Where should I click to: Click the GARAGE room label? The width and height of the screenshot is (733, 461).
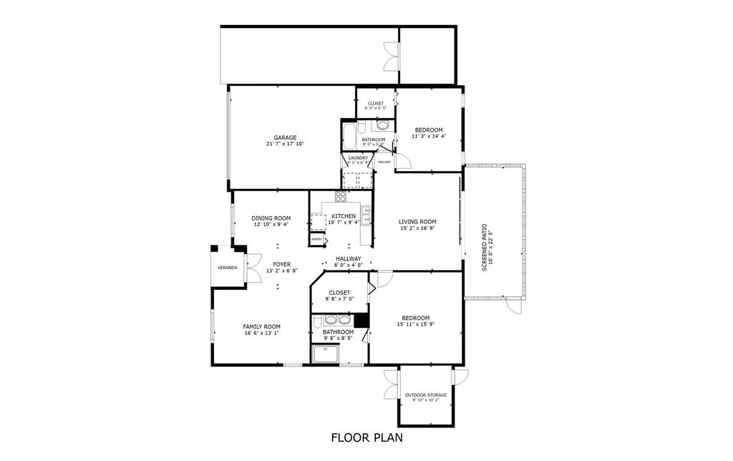pyautogui.click(x=285, y=137)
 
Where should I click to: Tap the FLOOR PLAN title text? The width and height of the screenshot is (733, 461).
pyautogui.click(x=366, y=437)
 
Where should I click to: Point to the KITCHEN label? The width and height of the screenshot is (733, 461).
pyautogui.click(x=344, y=216)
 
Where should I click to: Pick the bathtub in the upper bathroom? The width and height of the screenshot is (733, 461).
pyautogui.click(x=349, y=136)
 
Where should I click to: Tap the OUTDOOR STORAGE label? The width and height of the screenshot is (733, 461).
pyautogui.click(x=426, y=395)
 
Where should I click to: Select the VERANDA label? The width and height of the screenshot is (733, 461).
pyautogui.click(x=227, y=268)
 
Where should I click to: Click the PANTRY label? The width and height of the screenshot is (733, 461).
pyautogui.click(x=316, y=239)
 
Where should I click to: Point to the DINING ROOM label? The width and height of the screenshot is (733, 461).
pyautogui.click(x=271, y=218)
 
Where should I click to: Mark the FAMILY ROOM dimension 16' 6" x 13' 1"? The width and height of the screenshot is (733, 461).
pyautogui.click(x=261, y=333)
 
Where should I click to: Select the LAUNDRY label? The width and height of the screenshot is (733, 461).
pyautogui.click(x=358, y=157)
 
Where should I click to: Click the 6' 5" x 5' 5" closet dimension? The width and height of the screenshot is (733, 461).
pyautogui.click(x=376, y=109)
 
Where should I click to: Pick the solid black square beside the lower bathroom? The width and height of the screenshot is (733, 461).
pyautogui.click(x=361, y=320)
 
